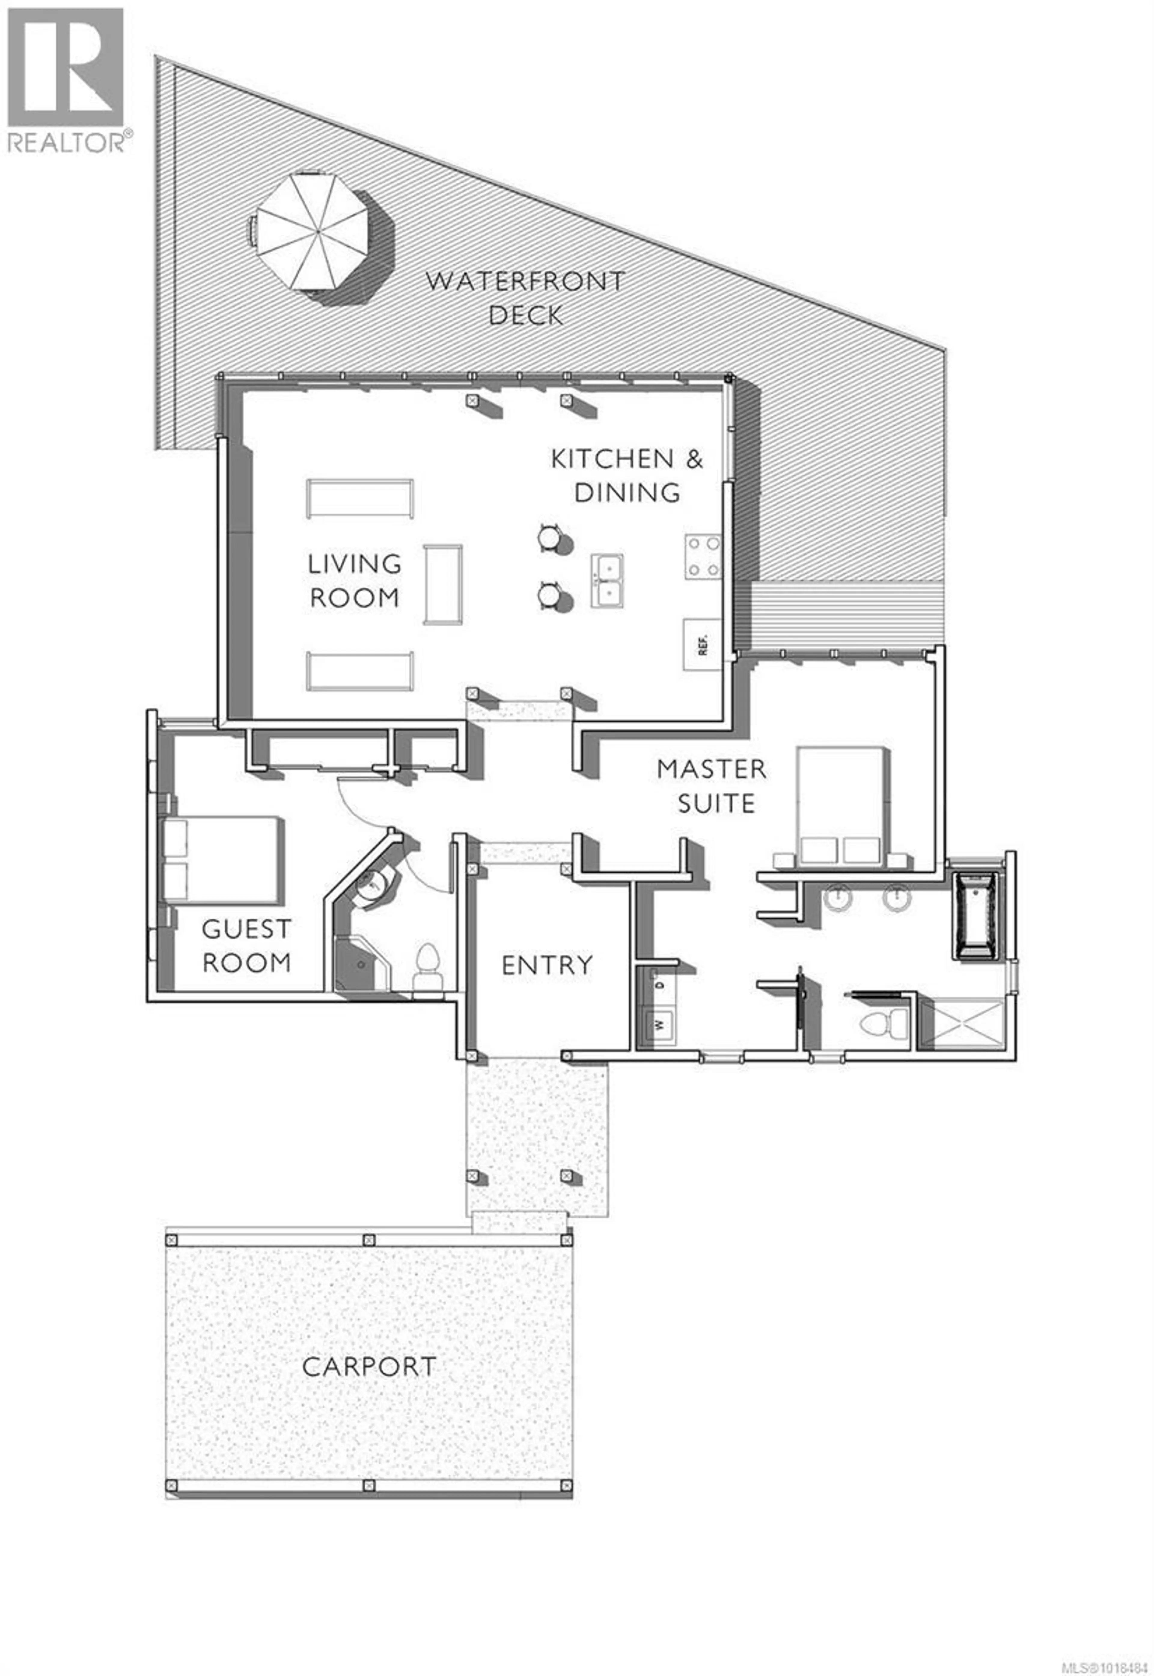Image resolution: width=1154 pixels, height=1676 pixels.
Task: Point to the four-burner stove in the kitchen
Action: [704, 556]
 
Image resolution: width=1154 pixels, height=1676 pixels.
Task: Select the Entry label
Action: [547, 965]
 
